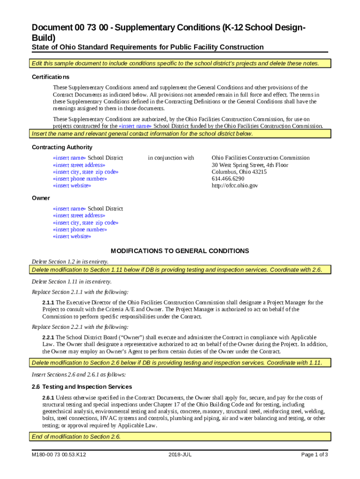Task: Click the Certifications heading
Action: point(50,77)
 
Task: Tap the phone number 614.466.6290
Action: point(228,179)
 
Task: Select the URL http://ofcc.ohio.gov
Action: point(235,186)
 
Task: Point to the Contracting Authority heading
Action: point(62,147)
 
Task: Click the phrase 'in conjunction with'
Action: point(171,158)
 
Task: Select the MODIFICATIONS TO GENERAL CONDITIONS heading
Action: point(180,251)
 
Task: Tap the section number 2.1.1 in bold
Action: point(48,303)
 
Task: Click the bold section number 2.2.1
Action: point(48,338)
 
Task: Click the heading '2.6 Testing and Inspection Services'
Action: point(82,387)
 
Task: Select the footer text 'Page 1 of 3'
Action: point(315,455)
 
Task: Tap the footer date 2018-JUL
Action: point(180,455)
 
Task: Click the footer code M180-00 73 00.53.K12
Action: point(58,455)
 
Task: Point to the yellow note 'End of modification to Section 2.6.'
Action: point(76,437)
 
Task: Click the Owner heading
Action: point(41,198)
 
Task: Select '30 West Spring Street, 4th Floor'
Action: point(250,165)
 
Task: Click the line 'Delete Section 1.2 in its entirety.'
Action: point(70,261)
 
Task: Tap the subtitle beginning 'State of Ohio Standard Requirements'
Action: point(147,47)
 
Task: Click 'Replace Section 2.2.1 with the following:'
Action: point(80,327)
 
